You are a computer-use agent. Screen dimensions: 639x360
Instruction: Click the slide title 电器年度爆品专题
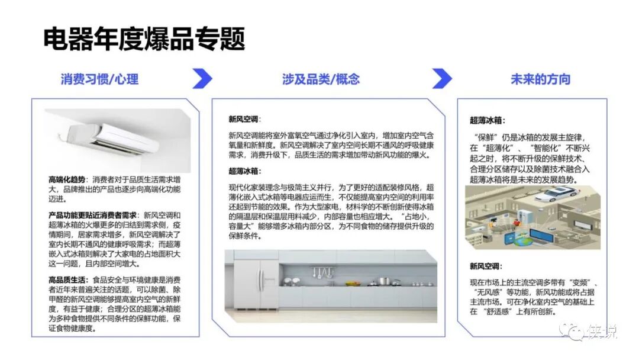[x=144, y=38]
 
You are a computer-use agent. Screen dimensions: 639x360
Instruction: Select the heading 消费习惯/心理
[x=99, y=79]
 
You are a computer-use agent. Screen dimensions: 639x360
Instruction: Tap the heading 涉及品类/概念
[x=321, y=79]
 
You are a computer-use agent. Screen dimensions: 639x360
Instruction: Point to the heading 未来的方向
[x=540, y=79]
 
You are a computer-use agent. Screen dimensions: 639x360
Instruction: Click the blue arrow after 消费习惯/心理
[x=202, y=79]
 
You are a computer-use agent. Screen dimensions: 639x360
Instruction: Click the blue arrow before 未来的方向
[x=442, y=79]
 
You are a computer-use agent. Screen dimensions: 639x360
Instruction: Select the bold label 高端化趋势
[x=67, y=179]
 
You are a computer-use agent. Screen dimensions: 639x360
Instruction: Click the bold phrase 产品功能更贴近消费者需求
[x=92, y=216]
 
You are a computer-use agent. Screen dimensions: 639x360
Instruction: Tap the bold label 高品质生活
[x=67, y=280]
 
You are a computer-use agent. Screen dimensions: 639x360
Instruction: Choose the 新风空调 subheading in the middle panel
[x=243, y=119]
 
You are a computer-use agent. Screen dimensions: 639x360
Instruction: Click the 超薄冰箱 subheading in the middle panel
[x=243, y=171]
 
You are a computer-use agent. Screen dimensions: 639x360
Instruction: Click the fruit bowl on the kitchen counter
[x=353, y=282]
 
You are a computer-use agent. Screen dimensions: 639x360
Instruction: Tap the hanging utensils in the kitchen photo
[x=323, y=272]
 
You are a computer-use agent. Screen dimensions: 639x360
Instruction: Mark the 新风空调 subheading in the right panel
[x=485, y=266]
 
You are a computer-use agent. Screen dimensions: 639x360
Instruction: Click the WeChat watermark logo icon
[x=572, y=332]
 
